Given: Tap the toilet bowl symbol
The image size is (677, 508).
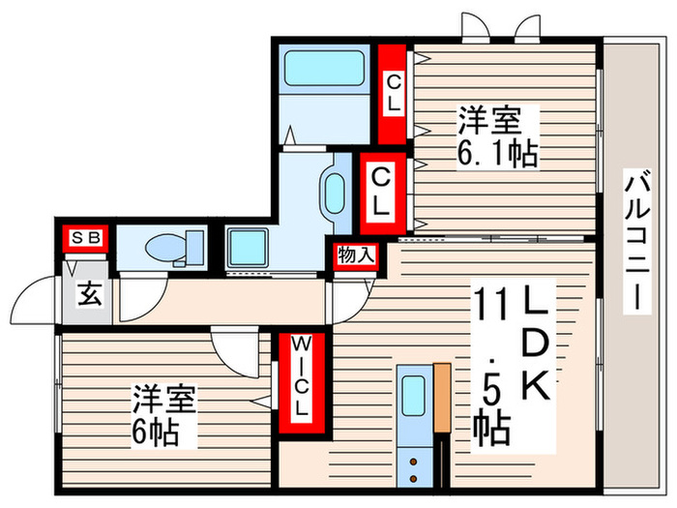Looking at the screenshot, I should click(170, 249).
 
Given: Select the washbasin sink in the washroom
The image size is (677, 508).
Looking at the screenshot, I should click(335, 193).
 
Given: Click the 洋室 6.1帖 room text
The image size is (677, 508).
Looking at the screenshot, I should click(494, 135).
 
